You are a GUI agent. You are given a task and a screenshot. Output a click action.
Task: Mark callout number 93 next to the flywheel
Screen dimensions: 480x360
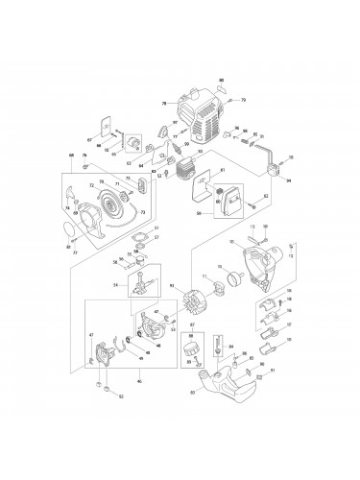(173, 286)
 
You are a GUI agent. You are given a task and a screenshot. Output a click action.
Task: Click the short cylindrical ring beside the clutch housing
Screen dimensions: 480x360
(230, 283)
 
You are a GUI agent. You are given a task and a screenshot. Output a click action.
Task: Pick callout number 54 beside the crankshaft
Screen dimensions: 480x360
(115, 285)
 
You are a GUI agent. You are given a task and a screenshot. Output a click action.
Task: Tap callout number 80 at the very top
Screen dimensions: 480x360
(222, 79)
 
